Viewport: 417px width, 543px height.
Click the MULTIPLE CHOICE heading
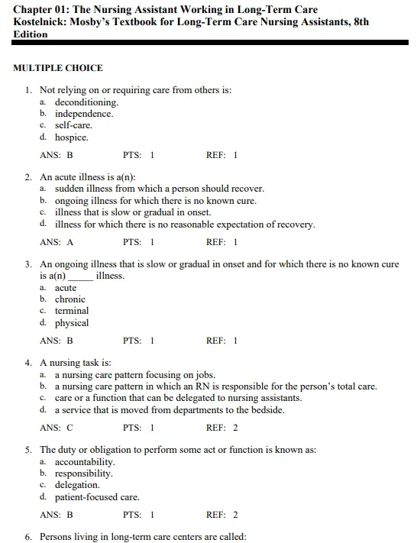coord(58,68)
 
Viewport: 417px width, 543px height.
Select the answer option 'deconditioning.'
coord(86,102)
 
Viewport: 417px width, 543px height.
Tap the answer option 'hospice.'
coord(71,137)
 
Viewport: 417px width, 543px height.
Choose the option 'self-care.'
coord(73,125)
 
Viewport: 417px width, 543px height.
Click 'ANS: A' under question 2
coord(57,242)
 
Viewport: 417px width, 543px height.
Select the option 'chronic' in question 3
coord(70,299)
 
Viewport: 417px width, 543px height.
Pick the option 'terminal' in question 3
coord(72,311)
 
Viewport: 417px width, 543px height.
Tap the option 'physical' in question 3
coord(72,323)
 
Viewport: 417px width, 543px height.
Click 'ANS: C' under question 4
coord(57,428)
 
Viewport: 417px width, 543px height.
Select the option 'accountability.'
coord(86,462)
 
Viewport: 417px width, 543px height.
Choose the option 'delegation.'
coord(77,485)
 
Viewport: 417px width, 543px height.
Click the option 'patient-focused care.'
coord(97,497)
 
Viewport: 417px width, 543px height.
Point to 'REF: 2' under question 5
coord(221,515)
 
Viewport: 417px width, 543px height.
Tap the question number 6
coord(29,537)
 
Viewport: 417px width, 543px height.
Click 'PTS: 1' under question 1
coord(138,155)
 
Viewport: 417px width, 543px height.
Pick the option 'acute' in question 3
coord(66,288)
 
